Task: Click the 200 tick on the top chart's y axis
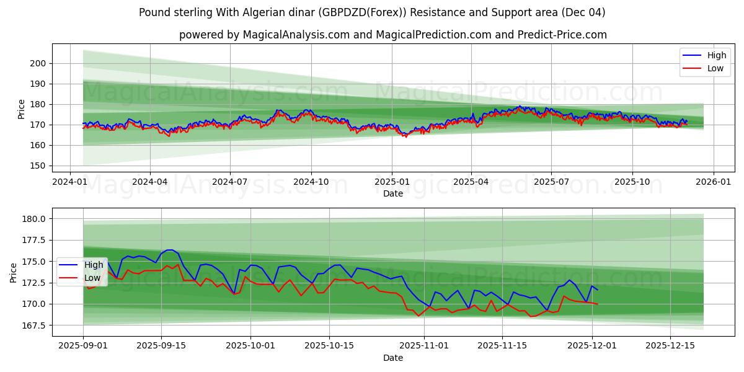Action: (x=38, y=63)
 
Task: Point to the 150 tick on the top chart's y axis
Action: (x=38, y=166)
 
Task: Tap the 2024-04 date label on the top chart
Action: (x=149, y=182)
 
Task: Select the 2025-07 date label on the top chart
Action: (x=551, y=182)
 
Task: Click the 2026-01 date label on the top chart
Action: (x=713, y=182)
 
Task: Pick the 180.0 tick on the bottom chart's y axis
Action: (x=34, y=219)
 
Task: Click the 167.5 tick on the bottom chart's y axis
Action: (x=34, y=325)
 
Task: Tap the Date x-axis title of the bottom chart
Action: (x=392, y=358)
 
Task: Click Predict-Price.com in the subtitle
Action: (x=561, y=35)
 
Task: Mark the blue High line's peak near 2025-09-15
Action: (x=169, y=250)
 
